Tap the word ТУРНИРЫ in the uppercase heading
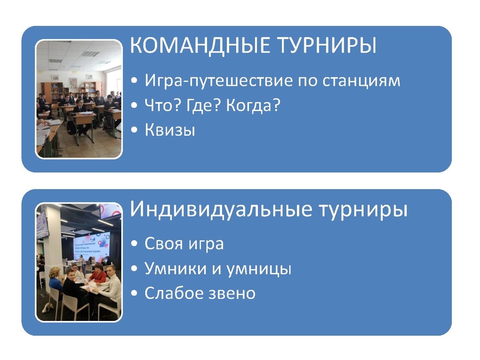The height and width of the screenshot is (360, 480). point(323,46)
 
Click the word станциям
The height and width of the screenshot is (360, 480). point(365,80)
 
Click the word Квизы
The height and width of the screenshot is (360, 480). point(170,130)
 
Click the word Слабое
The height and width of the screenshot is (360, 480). point(170,293)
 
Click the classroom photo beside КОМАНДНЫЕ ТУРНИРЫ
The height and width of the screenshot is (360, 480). point(79,99)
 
